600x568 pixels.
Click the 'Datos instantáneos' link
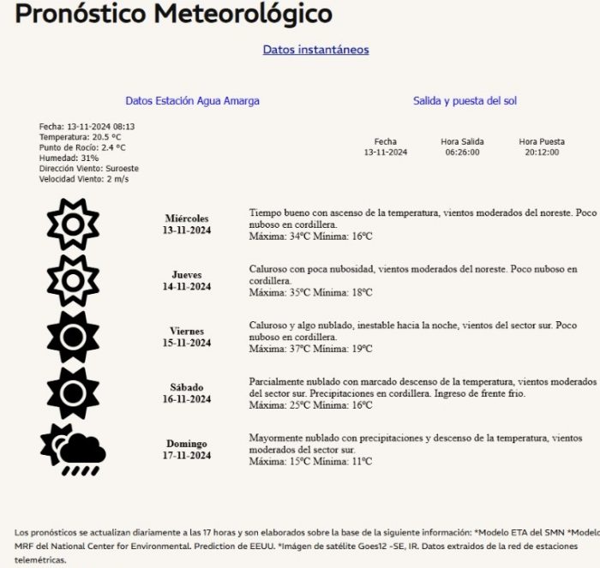coord(315,50)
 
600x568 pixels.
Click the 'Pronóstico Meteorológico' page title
coord(174,15)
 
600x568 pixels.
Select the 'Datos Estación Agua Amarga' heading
coord(192,101)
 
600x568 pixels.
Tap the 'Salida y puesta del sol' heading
coord(465,101)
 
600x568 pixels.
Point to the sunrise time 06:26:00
coord(462,152)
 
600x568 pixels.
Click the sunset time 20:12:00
coord(541,152)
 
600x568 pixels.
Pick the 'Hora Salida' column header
coord(462,141)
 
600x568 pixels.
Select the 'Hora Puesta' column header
coord(541,141)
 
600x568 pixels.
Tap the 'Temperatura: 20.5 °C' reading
coord(80,137)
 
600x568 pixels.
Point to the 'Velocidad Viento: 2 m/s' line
coord(83,179)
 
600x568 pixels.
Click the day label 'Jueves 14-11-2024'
coord(187,281)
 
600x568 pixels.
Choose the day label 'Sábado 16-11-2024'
coord(187,393)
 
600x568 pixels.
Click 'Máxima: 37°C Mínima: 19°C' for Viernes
coord(310,349)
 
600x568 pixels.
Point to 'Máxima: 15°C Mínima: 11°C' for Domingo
coord(310,461)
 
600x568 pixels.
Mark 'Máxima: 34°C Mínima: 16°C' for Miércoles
coord(310,236)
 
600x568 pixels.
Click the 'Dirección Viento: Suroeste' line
coord(88,169)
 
